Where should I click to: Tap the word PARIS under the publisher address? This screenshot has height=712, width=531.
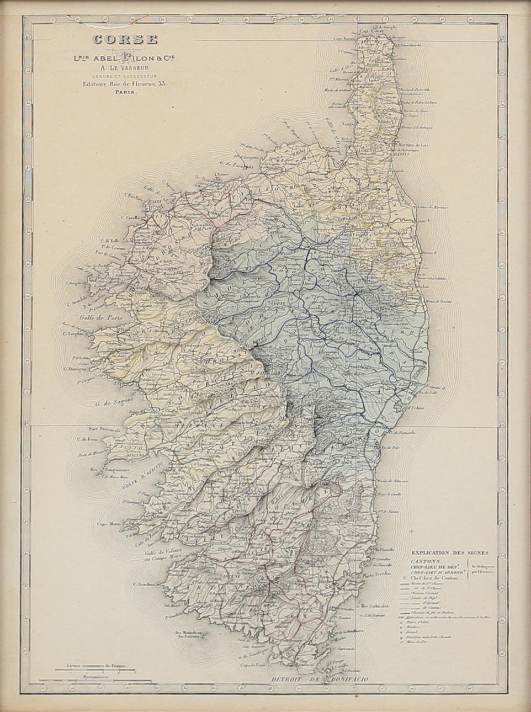(x=124, y=93)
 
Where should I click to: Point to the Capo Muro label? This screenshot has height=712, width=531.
(x=109, y=524)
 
